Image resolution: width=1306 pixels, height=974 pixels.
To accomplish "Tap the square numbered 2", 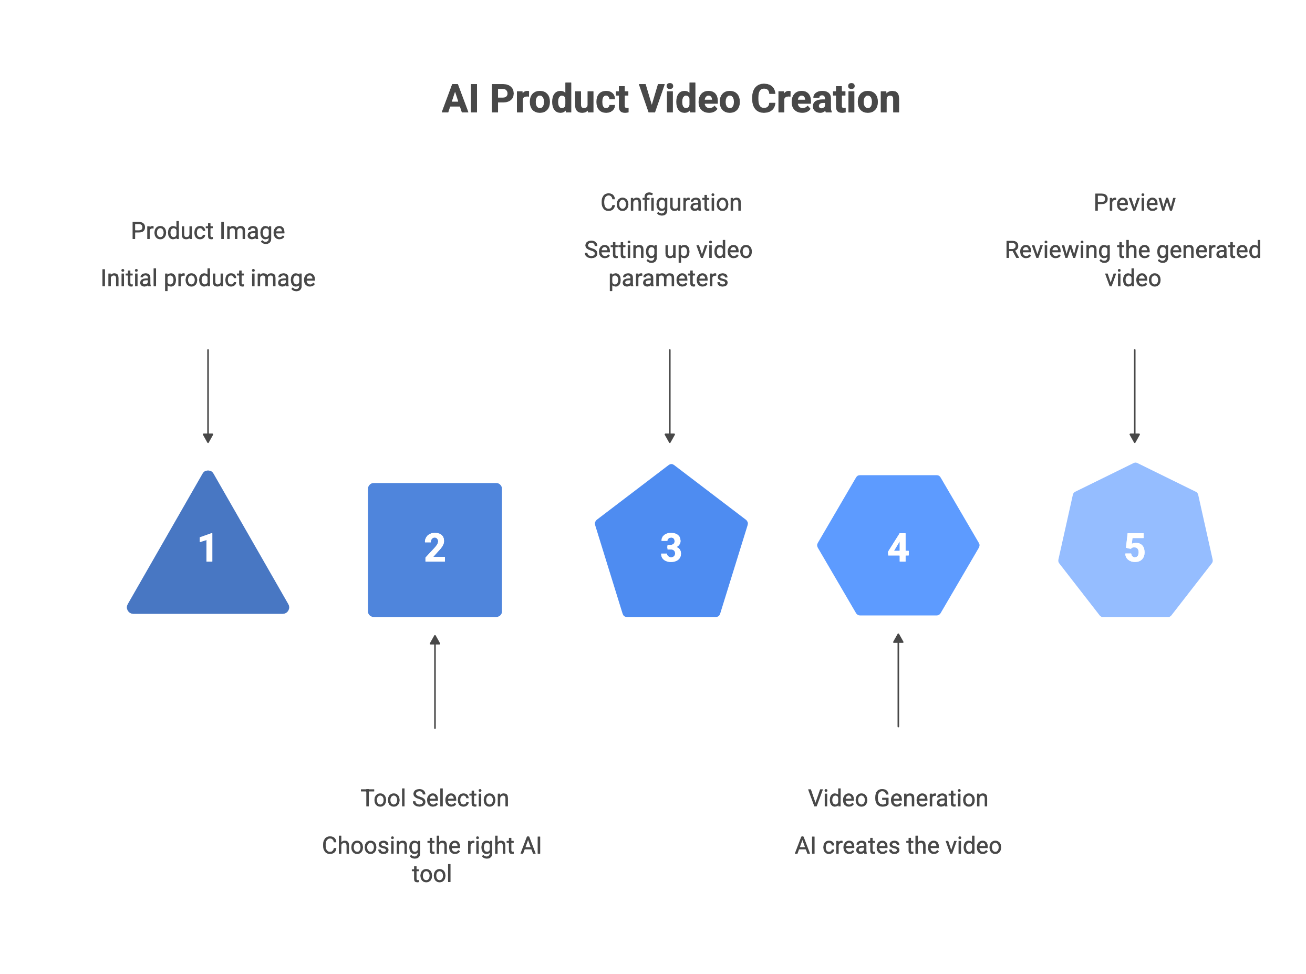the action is pyautogui.click(x=434, y=550).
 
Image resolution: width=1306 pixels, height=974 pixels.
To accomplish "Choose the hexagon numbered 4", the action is pyautogui.click(x=898, y=545).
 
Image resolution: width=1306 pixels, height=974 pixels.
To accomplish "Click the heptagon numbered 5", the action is pyautogui.click(x=1135, y=542).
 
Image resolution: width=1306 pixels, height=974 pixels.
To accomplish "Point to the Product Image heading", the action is pyautogui.click(x=208, y=231).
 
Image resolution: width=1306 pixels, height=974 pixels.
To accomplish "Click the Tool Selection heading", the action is pyautogui.click(x=434, y=799).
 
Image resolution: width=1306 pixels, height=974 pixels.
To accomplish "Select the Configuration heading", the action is pyautogui.click(x=671, y=203).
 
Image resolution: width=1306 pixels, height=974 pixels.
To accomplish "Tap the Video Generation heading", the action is pyautogui.click(x=898, y=799).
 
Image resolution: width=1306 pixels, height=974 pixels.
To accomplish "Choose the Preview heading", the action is pyautogui.click(x=1134, y=203).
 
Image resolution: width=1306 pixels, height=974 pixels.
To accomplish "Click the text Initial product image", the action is pyautogui.click(x=208, y=278).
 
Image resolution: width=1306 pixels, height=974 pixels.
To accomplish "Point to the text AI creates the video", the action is pyautogui.click(x=898, y=846).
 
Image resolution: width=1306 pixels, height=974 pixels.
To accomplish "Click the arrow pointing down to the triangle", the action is pyautogui.click(x=208, y=396).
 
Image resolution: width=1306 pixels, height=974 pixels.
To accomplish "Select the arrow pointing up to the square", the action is pyautogui.click(x=434, y=681).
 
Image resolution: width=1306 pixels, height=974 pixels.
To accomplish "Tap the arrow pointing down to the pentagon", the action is pyautogui.click(x=669, y=396).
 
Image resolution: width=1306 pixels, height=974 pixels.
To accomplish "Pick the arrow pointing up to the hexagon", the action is pyautogui.click(x=898, y=680).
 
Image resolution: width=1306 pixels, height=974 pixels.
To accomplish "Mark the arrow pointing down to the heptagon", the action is pyautogui.click(x=1134, y=396).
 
